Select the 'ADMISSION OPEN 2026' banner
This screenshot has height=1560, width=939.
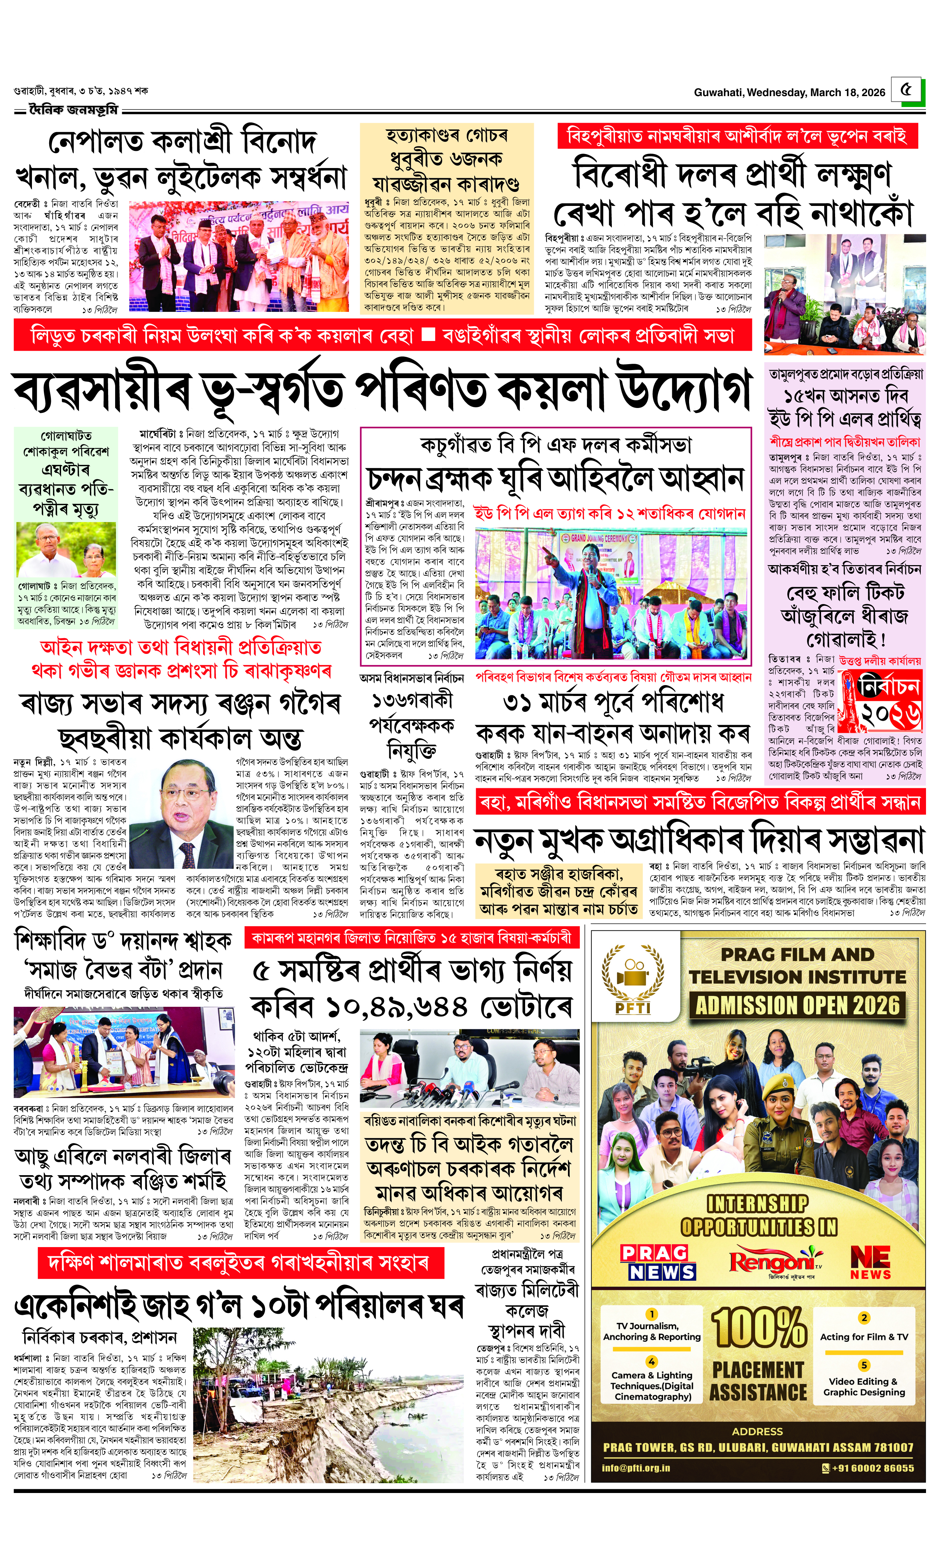[797, 1005]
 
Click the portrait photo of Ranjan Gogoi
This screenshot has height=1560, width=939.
[184, 812]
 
